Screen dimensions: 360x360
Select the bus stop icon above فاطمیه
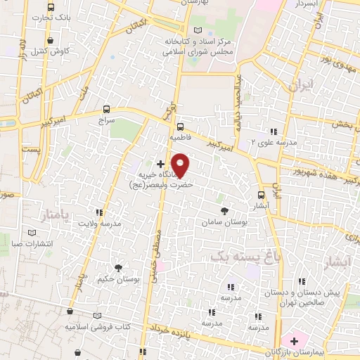pos(180,127)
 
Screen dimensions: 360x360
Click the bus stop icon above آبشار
pos(262,195)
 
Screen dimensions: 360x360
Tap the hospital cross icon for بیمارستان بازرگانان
pos(294,341)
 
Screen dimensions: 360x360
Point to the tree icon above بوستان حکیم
pos(118,267)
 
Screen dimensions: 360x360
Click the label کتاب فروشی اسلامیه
pos(98,327)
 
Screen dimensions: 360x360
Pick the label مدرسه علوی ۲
pos(254,142)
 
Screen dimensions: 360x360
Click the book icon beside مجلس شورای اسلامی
pos(198,30)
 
